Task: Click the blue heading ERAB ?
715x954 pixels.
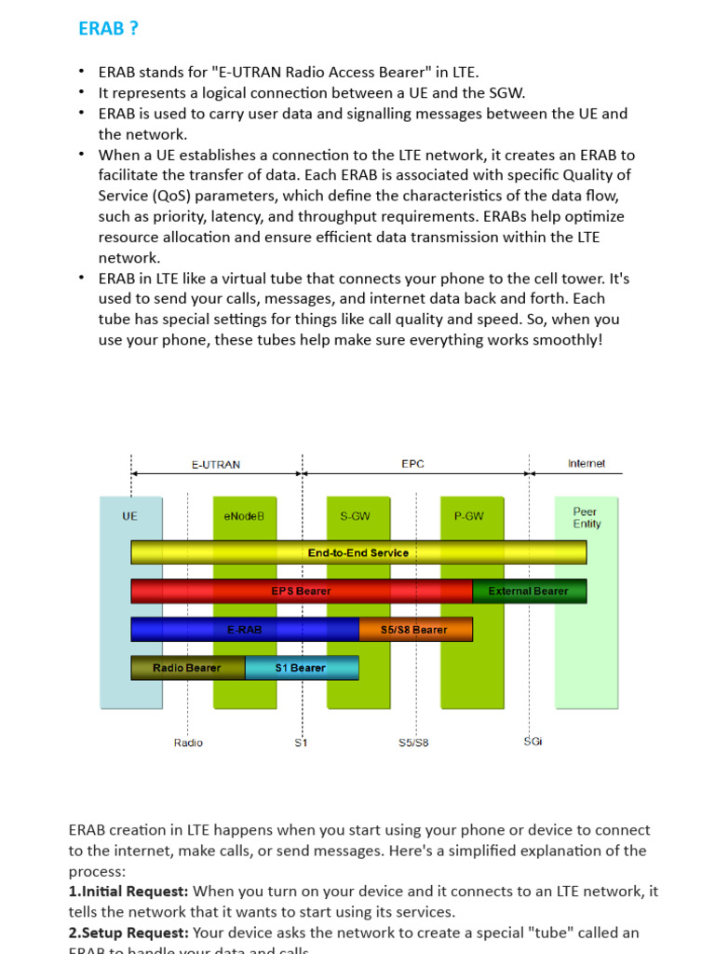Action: coord(108,29)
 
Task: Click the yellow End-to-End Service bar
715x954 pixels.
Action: coord(358,552)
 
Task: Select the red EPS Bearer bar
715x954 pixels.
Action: coord(302,591)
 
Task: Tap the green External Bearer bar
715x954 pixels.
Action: coord(529,591)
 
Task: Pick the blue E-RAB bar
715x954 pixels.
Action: coord(245,630)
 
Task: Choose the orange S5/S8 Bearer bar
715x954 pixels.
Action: coord(415,630)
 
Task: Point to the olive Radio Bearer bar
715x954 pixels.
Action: coord(187,668)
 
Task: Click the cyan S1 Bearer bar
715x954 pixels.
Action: coord(302,668)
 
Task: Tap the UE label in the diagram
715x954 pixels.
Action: coord(129,516)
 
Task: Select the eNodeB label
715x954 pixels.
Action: coord(245,516)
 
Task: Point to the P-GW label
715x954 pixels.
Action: coord(469,516)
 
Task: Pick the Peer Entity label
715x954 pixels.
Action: coord(587,518)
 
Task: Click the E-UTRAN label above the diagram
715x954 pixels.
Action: coord(216,464)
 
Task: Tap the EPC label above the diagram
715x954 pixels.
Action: coord(413,464)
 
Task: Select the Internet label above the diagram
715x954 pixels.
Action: coord(587,464)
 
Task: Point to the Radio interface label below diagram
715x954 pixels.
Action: coord(188,743)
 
